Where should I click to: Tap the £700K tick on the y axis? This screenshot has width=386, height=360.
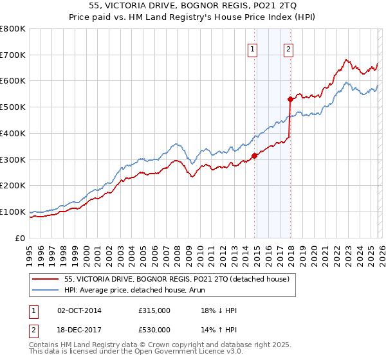[x=13, y=55]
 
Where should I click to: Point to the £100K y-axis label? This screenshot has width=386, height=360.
[x=13, y=212]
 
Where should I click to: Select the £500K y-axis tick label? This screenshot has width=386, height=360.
[x=13, y=107]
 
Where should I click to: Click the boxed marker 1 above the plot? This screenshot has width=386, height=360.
[x=252, y=48]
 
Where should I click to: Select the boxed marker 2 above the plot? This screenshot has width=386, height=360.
[x=289, y=48]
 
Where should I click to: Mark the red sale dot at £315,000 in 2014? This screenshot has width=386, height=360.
[x=255, y=155]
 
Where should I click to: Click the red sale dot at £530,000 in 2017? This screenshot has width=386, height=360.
[x=291, y=99]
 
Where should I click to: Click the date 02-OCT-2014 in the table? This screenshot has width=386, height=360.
[x=84, y=310]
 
